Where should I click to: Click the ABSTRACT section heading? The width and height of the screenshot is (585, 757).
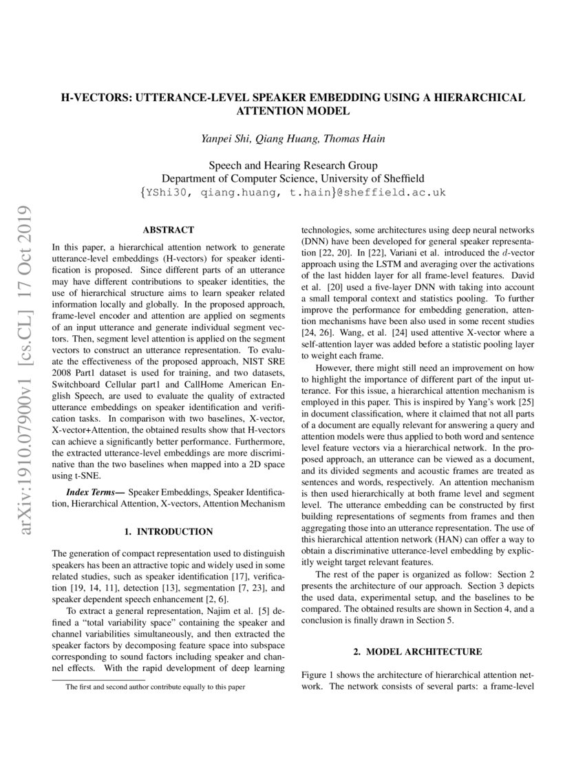tap(168, 230)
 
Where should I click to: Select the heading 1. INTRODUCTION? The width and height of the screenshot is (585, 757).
tap(168, 531)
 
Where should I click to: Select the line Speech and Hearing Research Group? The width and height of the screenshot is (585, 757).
tap(292, 165)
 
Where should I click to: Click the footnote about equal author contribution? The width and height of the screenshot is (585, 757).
tap(155, 687)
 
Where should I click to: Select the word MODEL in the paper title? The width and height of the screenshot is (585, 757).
tap(327, 110)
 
